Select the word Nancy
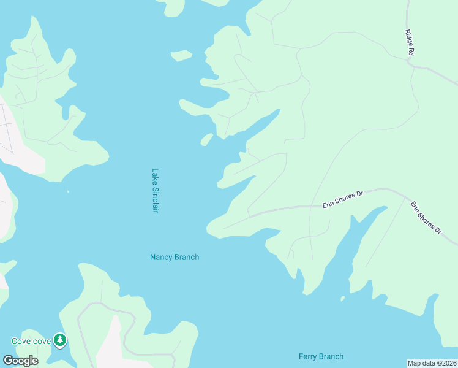tap(161, 257)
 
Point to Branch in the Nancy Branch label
tap(187, 257)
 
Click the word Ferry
tap(309, 356)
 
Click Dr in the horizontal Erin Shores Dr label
tap(360, 193)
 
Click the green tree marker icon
tap(59, 339)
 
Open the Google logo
tap(20, 361)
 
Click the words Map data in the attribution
tap(421, 363)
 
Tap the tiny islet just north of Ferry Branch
tap(342, 300)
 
